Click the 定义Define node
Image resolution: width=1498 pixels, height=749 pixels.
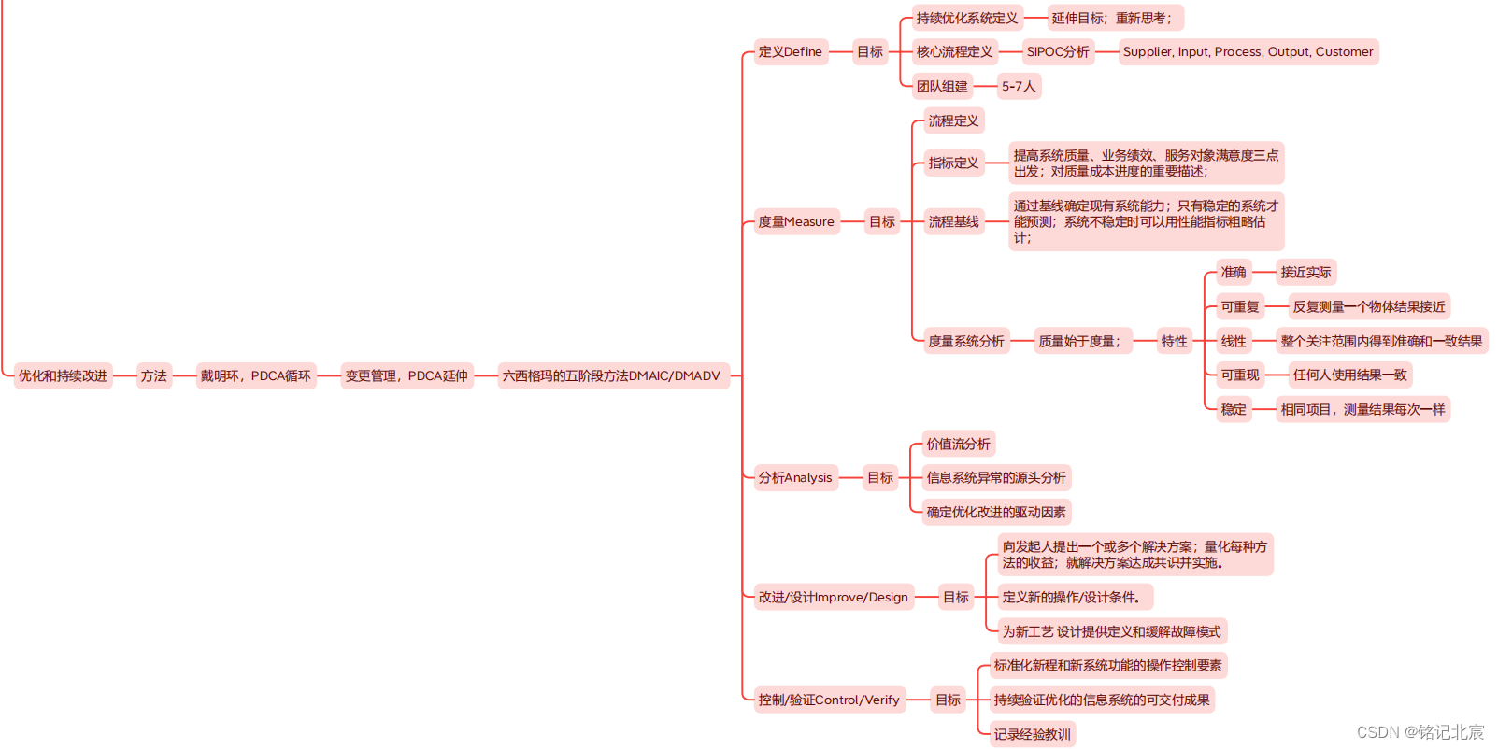[790, 52]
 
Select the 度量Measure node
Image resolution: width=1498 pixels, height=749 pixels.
[795, 222]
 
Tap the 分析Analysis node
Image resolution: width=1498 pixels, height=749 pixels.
[794, 478]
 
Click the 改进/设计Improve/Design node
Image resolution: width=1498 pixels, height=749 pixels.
[833, 598]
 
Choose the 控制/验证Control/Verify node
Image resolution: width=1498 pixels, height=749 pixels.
[829, 700]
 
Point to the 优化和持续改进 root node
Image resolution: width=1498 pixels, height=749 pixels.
[63, 376]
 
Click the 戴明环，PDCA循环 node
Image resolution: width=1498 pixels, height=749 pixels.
[255, 376]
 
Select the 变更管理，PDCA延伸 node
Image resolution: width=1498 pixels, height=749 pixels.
[407, 376]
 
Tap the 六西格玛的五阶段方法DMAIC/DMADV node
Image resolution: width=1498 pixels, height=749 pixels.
[611, 376]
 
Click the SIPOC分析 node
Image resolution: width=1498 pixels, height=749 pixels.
[1058, 52]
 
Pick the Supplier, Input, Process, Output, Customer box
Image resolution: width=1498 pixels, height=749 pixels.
[1248, 52]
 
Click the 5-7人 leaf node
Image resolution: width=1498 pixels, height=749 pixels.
[1019, 87]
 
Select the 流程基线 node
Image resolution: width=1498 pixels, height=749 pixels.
[953, 222]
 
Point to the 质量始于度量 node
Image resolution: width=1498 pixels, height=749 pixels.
[1079, 342]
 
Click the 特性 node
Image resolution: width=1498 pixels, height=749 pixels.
[1174, 342]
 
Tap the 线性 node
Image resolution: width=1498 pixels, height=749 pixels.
[1234, 342]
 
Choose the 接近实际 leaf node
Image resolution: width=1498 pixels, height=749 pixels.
[1305, 273]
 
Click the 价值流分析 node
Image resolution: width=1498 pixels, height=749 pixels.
[958, 445]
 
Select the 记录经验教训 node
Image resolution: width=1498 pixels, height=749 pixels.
[1032, 735]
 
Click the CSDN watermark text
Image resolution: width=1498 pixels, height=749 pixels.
[1420, 732]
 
